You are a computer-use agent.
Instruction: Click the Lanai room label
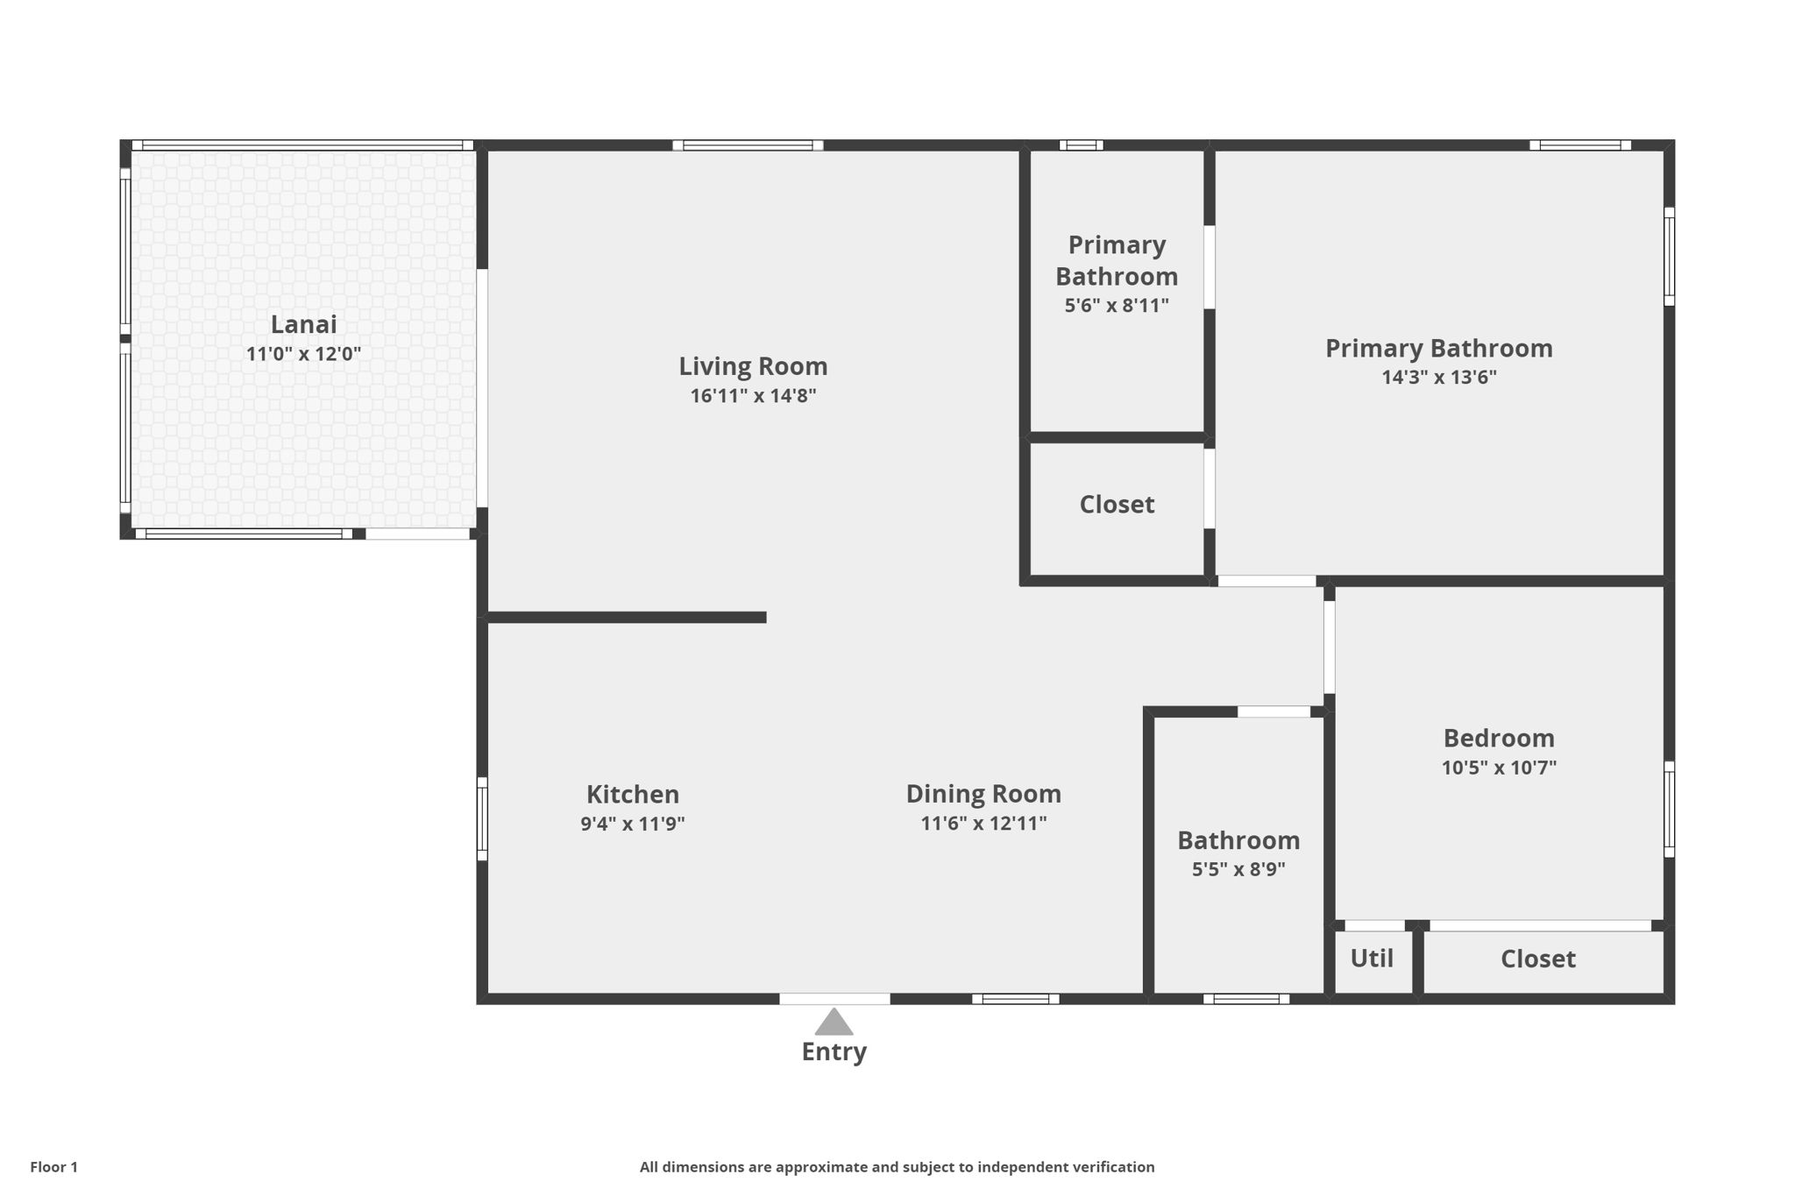303,325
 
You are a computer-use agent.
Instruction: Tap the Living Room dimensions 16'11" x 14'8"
753,396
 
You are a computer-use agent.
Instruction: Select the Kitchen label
632,795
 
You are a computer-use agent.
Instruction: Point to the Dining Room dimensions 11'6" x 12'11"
983,824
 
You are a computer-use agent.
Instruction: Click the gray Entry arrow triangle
834,1023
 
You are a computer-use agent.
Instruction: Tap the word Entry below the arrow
834,1051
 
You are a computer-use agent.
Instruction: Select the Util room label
1372,959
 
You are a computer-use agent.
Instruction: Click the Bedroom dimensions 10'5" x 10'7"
1499,768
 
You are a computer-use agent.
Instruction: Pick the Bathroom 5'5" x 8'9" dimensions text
1238,870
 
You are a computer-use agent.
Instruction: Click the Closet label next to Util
1537,959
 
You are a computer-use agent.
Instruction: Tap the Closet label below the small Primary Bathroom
1117,505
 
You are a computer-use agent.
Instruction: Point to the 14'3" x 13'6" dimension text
1439,378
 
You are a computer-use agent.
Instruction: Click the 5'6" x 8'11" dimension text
1117,306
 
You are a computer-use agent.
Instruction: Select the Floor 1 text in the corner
54,1167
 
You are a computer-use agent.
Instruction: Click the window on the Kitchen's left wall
482,818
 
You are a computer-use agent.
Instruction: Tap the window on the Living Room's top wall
748,145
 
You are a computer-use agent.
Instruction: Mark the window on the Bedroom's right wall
1669,809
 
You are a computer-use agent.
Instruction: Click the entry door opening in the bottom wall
834,999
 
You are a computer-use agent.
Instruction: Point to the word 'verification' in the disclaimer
1112,1167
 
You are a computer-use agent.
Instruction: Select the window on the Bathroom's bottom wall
1245,999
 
